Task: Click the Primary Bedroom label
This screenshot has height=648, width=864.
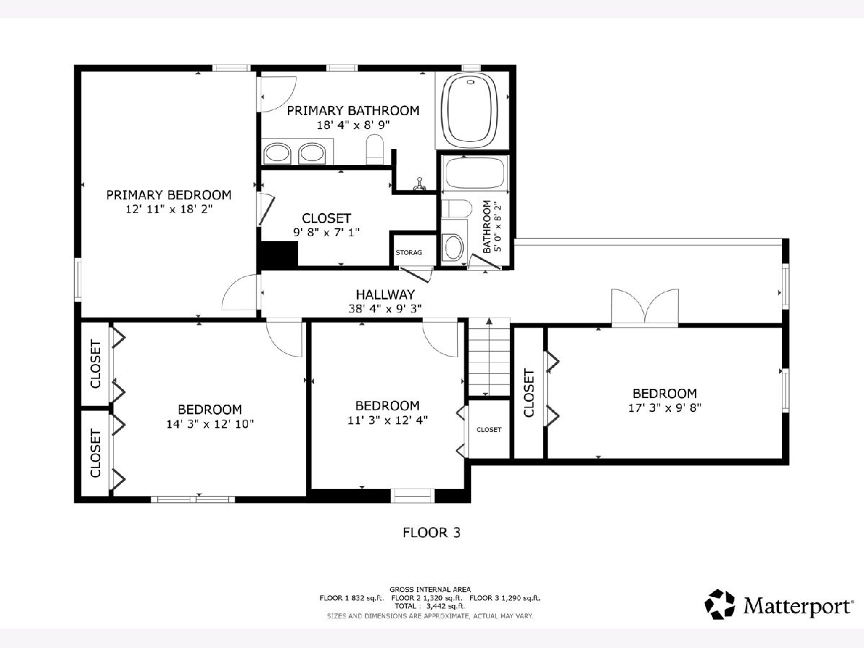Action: coord(169,194)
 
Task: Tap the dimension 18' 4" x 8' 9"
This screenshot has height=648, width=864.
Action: coord(353,125)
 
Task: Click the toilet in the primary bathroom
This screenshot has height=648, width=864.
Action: coord(374,150)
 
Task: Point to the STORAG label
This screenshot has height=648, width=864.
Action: coord(408,252)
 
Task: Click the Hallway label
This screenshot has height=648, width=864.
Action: coord(385,294)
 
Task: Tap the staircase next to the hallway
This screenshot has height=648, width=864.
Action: coord(489,357)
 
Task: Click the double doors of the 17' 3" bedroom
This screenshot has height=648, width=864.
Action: coord(644,307)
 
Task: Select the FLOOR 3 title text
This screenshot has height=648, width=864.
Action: coord(431,533)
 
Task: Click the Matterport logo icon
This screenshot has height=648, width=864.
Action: coord(719,604)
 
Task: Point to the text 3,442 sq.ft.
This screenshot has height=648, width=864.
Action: coord(445,606)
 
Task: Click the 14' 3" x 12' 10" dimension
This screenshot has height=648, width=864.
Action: coord(210,424)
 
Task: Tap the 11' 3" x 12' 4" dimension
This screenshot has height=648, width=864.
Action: coord(387,420)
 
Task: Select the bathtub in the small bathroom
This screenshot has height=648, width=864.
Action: coord(474,173)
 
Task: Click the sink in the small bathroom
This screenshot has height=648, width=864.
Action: coord(454,247)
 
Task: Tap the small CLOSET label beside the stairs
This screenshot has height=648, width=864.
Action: coord(489,430)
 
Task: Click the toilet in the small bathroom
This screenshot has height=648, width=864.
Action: coord(456,208)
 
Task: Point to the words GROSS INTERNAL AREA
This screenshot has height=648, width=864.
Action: coord(430,590)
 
